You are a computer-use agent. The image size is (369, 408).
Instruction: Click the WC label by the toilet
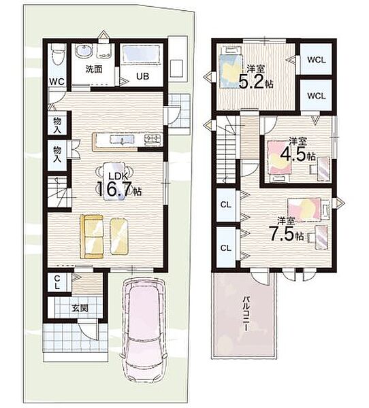[57, 82]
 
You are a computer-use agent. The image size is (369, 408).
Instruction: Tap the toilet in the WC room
[58, 54]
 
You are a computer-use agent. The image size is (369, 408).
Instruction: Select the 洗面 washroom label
[94, 69]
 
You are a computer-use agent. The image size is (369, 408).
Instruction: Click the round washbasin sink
[83, 52]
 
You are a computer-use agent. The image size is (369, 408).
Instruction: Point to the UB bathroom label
[143, 76]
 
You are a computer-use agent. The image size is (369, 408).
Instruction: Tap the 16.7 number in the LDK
[114, 190]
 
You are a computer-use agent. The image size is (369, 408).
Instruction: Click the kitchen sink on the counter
[122, 139]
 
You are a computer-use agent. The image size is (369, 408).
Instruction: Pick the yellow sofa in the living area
[92, 237]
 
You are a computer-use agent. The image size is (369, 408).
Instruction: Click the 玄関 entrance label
[80, 309]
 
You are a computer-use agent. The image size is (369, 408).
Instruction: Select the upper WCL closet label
[317, 60]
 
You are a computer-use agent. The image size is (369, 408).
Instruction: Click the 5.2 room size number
[251, 82]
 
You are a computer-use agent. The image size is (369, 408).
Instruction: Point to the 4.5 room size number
[293, 155]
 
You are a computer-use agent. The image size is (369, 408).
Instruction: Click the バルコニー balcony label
[246, 313]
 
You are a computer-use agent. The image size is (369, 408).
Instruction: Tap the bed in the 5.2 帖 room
[231, 67]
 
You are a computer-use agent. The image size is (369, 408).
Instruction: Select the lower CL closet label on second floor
[226, 248]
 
